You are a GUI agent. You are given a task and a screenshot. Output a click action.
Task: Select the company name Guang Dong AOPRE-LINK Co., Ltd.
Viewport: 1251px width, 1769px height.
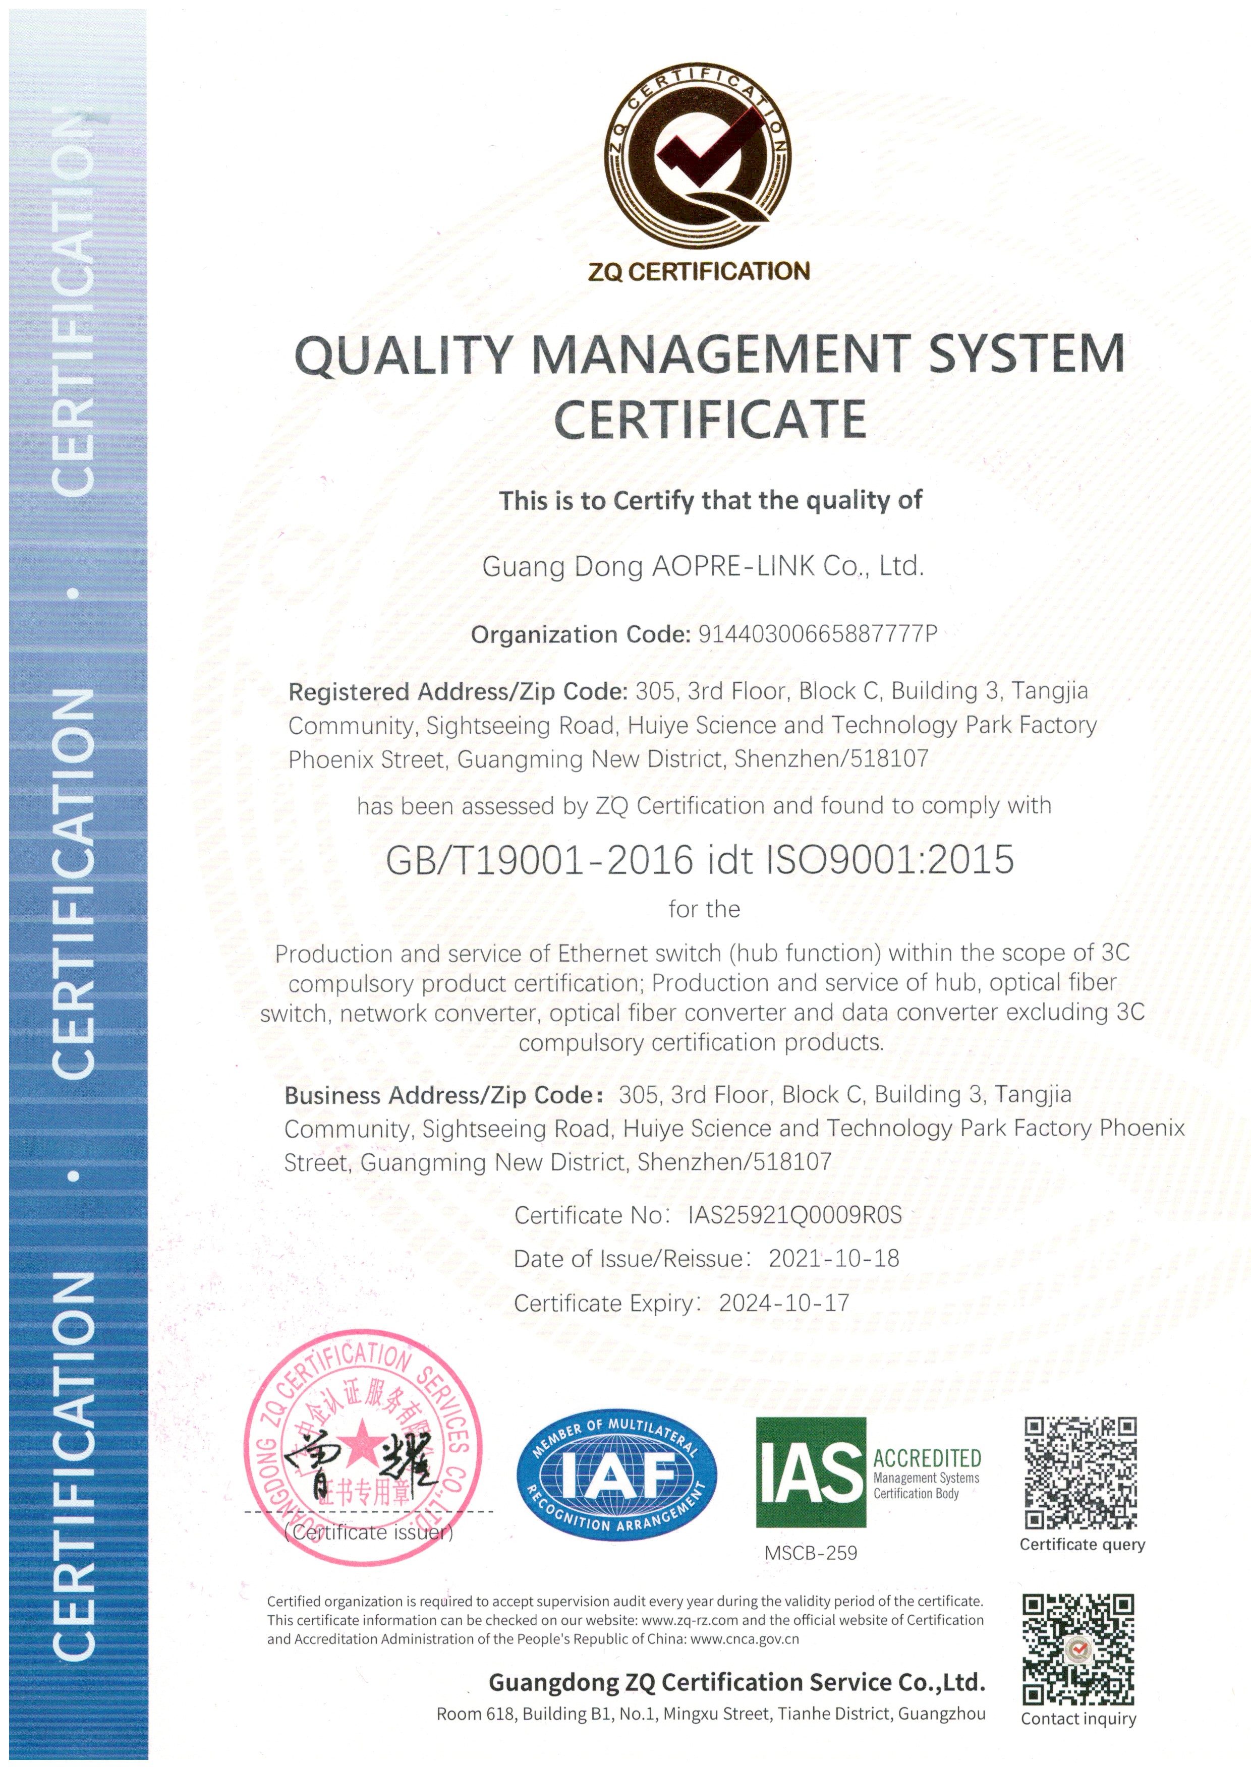[702, 566]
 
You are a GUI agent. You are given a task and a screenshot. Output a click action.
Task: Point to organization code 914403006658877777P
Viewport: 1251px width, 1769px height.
[817, 634]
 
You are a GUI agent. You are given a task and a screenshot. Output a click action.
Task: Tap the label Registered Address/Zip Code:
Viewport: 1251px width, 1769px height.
[458, 692]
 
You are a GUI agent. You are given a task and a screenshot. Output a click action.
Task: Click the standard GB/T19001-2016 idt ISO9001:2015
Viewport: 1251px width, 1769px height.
[700, 860]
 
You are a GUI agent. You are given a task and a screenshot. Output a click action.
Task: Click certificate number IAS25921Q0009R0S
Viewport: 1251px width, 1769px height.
[794, 1215]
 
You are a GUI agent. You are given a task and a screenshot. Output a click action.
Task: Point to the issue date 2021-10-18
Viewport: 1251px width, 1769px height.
[833, 1259]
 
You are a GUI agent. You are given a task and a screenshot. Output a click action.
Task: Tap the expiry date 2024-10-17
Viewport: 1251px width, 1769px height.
[784, 1303]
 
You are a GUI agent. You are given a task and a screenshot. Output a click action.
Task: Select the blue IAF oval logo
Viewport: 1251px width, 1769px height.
[616, 1476]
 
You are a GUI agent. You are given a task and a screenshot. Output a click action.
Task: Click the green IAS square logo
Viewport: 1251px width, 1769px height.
[810, 1471]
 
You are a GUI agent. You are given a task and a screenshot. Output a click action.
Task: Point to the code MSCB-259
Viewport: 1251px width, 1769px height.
[810, 1553]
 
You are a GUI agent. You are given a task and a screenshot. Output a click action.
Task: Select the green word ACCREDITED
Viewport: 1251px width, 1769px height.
[927, 1458]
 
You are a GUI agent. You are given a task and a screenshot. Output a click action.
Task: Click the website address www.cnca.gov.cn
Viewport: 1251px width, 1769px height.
[745, 1639]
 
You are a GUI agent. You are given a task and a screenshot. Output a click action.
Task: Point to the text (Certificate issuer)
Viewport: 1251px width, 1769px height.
[368, 1532]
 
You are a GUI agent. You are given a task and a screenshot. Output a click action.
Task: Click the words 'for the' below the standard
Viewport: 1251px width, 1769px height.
[704, 909]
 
